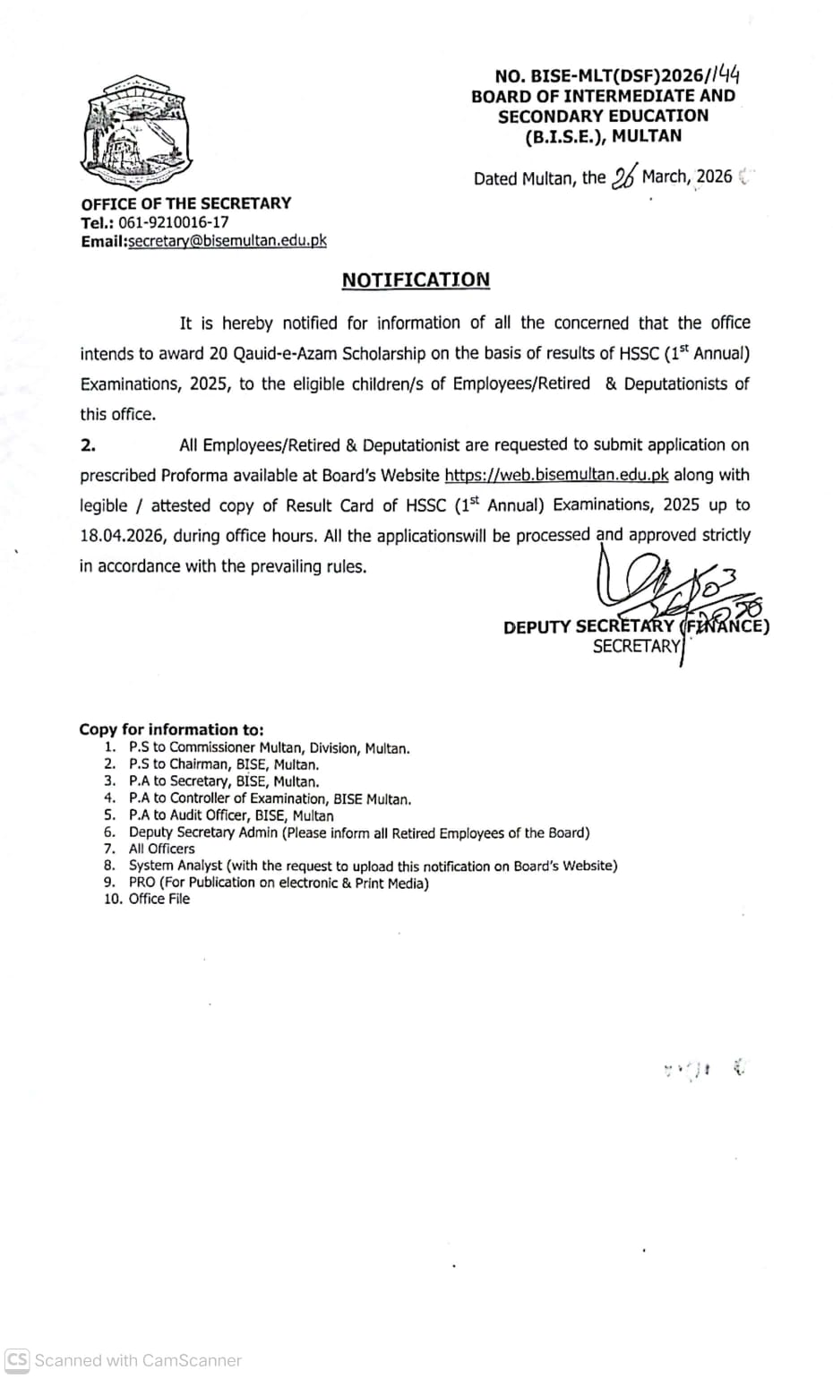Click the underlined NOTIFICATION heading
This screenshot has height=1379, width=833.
coord(416,280)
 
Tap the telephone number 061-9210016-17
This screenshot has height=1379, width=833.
coord(173,222)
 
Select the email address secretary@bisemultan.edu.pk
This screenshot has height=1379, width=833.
coord(228,241)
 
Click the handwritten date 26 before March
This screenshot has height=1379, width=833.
coord(623,177)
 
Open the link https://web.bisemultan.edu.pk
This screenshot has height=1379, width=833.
coord(556,475)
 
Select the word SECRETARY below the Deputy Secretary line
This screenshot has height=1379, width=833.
coord(637,646)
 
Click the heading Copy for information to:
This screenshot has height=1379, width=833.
coord(171,729)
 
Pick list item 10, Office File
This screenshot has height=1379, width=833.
coord(159,899)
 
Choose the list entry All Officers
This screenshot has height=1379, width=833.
coord(161,849)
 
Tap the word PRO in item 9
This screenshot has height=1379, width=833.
coord(142,883)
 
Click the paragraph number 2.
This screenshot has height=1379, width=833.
coord(88,445)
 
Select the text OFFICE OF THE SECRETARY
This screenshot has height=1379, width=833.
coord(185,203)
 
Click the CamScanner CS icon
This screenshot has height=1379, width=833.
coord(17,1359)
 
